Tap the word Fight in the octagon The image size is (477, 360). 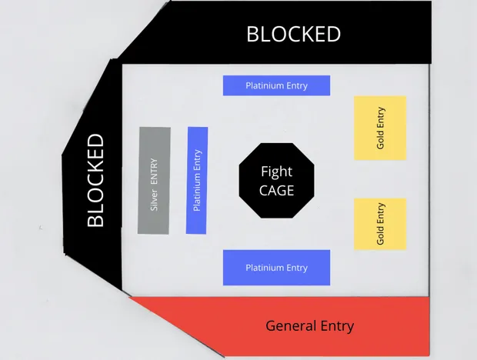pos(276,171)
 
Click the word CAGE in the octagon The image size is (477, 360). pos(276,190)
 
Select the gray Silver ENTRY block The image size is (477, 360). pos(154,180)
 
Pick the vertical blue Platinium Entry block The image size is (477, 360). pos(198,180)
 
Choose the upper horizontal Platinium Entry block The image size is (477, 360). pos(276,85)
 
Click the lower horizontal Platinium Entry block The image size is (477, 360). pos(276,267)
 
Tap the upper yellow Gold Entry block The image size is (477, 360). pos(379,128)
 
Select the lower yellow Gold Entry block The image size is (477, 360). pos(379,223)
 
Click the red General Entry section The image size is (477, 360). pos(308,325)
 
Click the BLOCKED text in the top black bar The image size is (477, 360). pos(293,35)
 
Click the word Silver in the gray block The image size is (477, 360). pos(154,198)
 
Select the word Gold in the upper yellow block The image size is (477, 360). pos(380,139)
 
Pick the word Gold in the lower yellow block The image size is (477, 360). pos(380,235)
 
